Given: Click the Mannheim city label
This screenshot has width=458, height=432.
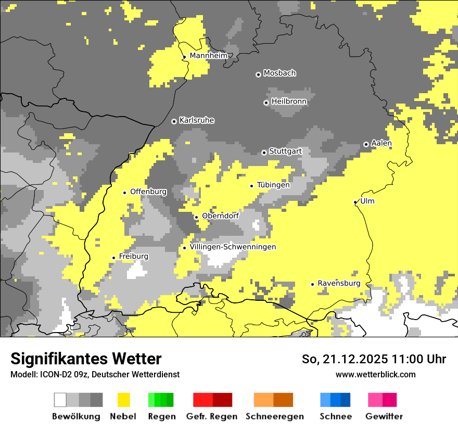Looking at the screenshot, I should click(x=208, y=56).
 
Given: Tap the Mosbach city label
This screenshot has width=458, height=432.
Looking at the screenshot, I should click(x=279, y=73).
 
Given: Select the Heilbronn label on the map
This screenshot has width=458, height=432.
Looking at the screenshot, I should click(x=289, y=101).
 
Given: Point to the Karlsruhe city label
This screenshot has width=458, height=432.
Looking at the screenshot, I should click(x=197, y=120).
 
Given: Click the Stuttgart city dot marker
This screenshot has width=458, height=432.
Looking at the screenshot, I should click(x=264, y=153).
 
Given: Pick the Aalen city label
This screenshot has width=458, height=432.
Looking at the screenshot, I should click(x=381, y=143).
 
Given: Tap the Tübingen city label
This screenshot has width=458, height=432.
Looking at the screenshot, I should click(x=273, y=185).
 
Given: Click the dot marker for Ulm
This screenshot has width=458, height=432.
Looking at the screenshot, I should click(x=355, y=202).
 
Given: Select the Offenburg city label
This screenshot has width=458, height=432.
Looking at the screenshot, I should click(x=148, y=192).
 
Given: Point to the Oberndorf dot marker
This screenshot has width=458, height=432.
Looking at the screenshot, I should click(x=196, y=217).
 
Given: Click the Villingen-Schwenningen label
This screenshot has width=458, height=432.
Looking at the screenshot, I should click(x=233, y=247).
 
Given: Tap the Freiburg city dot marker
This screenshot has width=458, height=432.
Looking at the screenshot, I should click(x=113, y=258).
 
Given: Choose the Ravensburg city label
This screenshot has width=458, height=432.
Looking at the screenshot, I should click(x=339, y=283).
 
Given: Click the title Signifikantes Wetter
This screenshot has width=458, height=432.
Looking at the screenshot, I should click(x=86, y=359).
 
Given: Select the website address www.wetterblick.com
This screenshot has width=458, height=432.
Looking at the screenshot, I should click(x=375, y=374).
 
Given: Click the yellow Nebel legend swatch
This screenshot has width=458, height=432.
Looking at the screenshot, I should click(x=123, y=400).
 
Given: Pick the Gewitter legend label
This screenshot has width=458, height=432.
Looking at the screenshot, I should click(x=384, y=416).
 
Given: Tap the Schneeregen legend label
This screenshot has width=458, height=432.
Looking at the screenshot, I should click(x=275, y=416).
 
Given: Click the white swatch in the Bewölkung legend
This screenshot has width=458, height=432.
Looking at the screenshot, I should click(x=60, y=400).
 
